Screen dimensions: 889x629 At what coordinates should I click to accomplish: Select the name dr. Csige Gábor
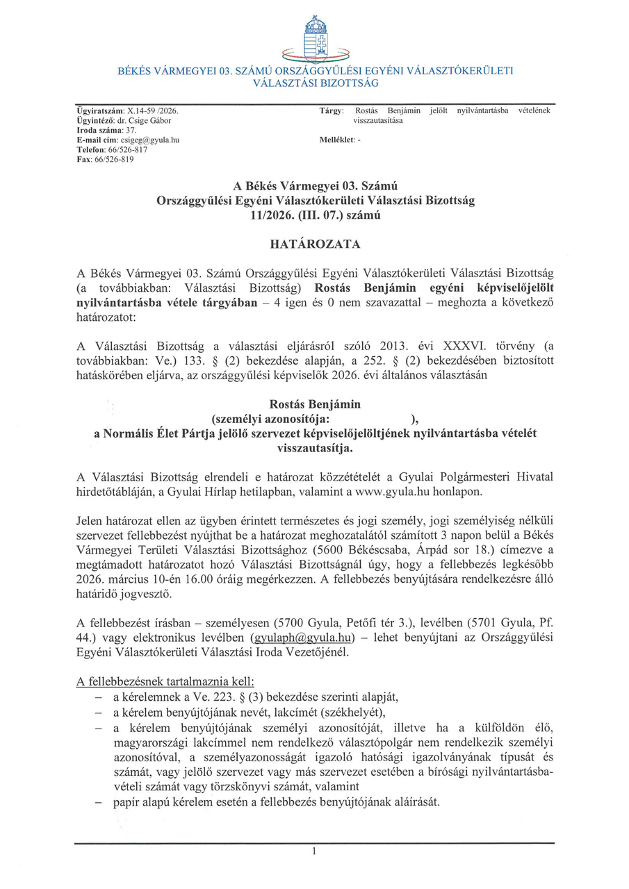(149, 121)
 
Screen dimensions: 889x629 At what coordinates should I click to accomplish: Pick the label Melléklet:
(335, 140)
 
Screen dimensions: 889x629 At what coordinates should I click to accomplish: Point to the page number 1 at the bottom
(314, 851)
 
